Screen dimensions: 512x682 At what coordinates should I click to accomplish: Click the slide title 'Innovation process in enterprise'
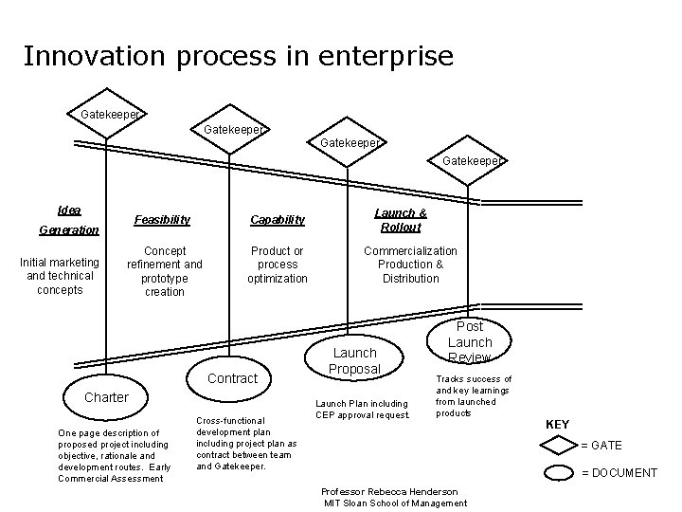point(238,56)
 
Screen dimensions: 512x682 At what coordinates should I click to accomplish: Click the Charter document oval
point(106,397)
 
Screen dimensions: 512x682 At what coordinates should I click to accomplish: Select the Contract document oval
point(232,378)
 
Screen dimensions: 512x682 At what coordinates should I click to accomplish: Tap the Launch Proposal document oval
point(354,360)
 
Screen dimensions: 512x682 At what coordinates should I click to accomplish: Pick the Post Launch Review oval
point(470,341)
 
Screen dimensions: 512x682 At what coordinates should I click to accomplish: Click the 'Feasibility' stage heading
point(162,220)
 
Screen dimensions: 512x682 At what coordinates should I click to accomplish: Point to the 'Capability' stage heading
point(278,220)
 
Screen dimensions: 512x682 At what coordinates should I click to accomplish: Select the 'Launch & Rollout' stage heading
point(401,220)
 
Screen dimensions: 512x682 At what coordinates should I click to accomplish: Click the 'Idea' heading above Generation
point(69,210)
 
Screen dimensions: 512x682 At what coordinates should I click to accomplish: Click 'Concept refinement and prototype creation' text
point(165,271)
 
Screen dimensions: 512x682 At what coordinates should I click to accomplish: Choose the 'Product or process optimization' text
point(278,265)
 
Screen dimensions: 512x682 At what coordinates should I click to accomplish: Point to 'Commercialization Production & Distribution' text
point(411,265)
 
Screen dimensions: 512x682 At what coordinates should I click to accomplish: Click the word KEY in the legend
point(558,425)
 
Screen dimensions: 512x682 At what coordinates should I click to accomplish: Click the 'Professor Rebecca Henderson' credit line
point(389,491)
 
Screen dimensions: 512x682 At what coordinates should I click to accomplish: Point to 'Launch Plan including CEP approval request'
point(362,410)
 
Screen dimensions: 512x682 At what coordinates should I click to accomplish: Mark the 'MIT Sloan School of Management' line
point(396,503)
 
